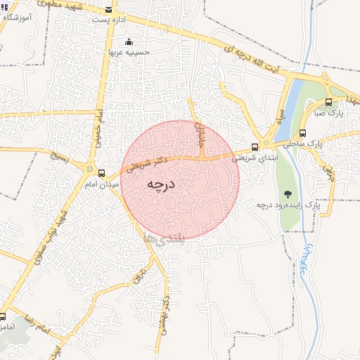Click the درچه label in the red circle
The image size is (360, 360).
[x=160, y=184]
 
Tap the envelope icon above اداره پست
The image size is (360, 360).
[x=108, y=10]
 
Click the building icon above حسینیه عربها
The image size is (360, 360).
[x=127, y=41]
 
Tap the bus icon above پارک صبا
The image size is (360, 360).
[x=328, y=102]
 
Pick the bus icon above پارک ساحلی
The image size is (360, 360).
[x=302, y=132]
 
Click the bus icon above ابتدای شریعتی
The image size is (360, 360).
[x=255, y=148]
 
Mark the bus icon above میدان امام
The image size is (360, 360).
[x=102, y=173]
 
